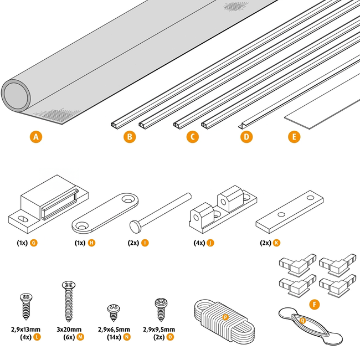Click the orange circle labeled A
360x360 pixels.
click(x=36, y=136)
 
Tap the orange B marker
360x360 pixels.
click(x=130, y=136)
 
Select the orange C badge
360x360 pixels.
click(x=193, y=136)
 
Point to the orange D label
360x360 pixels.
click(x=247, y=136)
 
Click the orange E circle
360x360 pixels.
click(x=294, y=136)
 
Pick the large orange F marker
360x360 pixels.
click(x=315, y=304)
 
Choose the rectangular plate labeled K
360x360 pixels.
click(x=289, y=213)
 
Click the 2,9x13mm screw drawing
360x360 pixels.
click(x=25, y=305)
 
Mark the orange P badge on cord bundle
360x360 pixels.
click(x=225, y=317)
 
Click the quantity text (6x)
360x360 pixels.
click(x=69, y=337)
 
